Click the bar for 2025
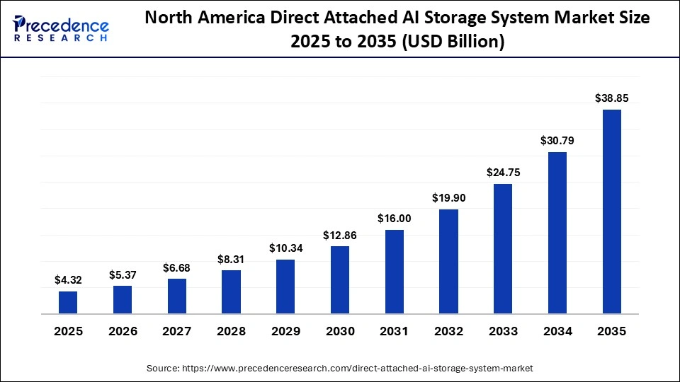tap(68, 302)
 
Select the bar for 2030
tap(340, 279)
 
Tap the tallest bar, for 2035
tap(611, 212)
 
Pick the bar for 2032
tap(448, 261)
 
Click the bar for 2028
tap(231, 291)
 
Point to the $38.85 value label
tap(611, 98)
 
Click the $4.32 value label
tap(68, 280)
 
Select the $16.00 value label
tap(395, 219)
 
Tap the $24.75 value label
tap(503, 172)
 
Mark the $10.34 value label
tap(285, 248)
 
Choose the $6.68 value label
tap(177, 267)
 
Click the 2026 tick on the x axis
tap(123, 331)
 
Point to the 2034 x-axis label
tap(557, 331)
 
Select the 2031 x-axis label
tap(395, 331)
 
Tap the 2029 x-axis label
tap(285, 331)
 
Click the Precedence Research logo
tap(61, 28)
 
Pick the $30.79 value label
tap(557, 141)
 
